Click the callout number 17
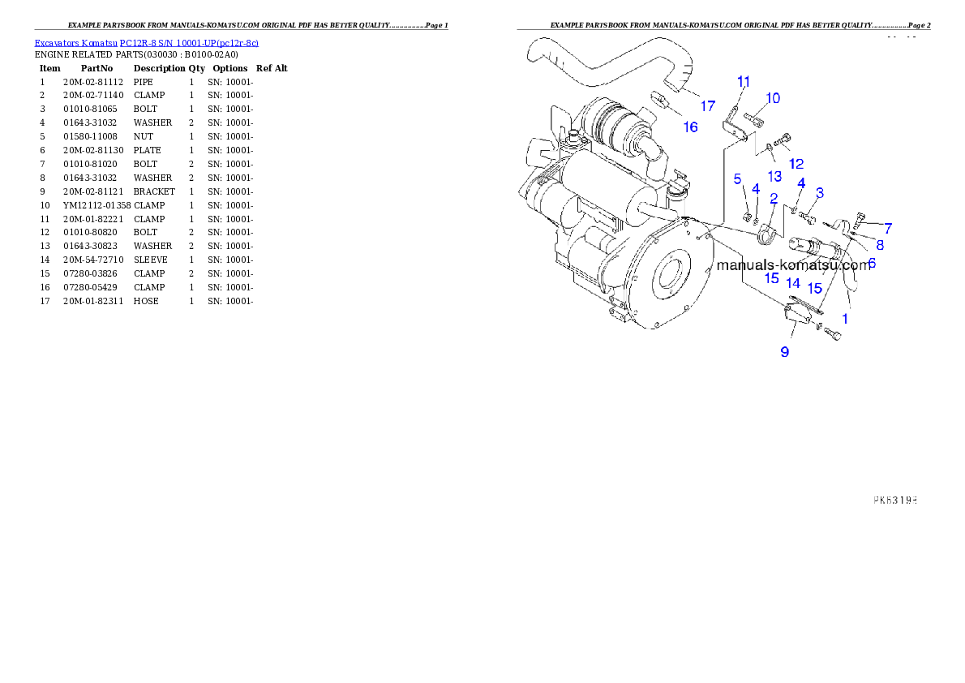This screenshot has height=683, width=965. click(708, 106)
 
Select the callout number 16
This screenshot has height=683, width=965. click(690, 127)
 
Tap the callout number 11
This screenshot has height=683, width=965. click(744, 81)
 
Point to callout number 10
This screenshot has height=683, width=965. click(773, 98)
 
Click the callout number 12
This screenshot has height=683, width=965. click(796, 163)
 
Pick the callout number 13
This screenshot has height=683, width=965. click(774, 176)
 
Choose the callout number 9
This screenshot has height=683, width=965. click(784, 351)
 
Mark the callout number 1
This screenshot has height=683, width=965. click(845, 319)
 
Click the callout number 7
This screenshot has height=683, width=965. click(888, 228)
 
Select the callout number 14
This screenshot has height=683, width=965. click(793, 284)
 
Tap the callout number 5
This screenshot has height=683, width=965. click(737, 178)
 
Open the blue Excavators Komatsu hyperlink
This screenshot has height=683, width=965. click(146, 43)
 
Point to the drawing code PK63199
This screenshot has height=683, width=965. click(894, 500)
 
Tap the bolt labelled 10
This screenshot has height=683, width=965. click(752, 121)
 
